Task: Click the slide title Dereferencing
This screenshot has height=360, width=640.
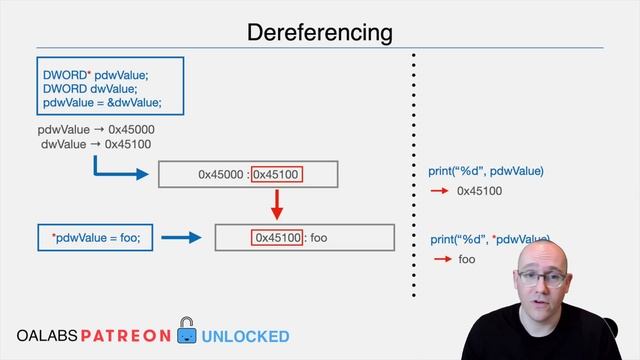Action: click(x=320, y=32)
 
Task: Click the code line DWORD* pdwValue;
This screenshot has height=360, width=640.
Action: click(x=95, y=75)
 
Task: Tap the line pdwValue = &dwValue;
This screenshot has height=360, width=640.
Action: click(x=101, y=103)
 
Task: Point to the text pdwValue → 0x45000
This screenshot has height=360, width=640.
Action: click(x=96, y=130)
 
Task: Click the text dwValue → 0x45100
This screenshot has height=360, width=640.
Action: click(x=96, y=144)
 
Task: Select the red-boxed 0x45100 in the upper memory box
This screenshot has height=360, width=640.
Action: click(x=277, y=175)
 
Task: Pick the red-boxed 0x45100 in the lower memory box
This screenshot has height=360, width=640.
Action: click(x=277, y=238)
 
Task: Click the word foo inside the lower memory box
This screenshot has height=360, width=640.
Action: click(x=319, y=238)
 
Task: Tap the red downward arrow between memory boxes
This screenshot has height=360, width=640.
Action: click(x=277, y=205)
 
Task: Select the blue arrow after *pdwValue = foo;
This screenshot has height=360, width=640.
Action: click(x=182, y=238)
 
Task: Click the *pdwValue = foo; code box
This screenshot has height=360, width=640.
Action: click(x=95, y=238)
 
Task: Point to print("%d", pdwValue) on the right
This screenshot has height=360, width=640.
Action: click(x=479, y=172)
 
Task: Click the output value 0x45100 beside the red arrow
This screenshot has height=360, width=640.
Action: click(x=479, y=191)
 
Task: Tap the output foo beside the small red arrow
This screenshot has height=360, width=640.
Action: click(x=467, y=260)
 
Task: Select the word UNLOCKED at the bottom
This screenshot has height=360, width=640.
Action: click(x=246, y=337)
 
